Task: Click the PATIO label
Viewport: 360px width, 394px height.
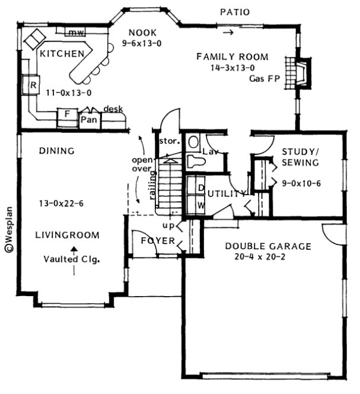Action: (x=234, y=11)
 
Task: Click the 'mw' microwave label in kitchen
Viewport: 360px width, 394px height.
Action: (x=75, y=32)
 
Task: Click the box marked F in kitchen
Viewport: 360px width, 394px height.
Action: (x=67, y=113)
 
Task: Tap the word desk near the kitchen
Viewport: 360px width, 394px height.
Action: (x=113, y=109)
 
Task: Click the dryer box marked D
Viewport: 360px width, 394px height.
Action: (x=200, y=189)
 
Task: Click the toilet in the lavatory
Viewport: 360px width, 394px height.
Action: (x=194, y=161)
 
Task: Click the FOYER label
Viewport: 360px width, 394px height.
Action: (x=158, y=240)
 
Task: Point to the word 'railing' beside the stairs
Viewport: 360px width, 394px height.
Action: (x=152, y=185)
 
